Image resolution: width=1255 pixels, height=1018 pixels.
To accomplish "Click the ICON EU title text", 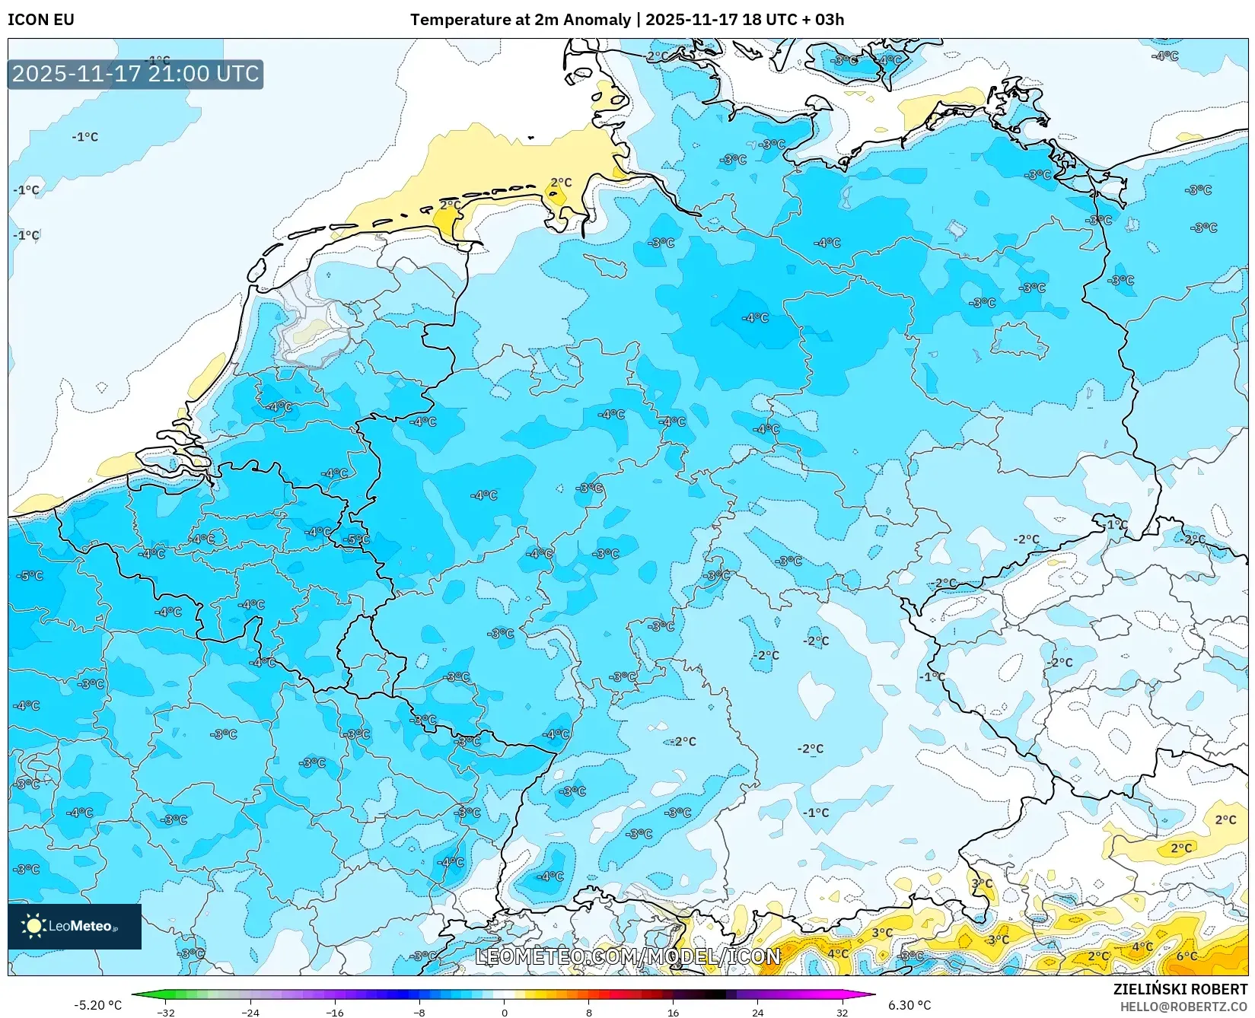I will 41,19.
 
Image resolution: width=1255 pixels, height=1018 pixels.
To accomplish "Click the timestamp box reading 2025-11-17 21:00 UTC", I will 135,74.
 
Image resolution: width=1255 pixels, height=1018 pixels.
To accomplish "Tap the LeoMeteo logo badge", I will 74,926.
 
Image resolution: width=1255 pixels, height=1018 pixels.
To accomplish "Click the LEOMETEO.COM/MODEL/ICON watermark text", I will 628,956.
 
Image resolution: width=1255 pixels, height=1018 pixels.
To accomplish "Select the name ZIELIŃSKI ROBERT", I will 1180,990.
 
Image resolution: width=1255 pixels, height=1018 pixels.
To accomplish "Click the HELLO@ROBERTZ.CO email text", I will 1183,1007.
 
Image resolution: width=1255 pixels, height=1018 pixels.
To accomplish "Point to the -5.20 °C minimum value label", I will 97,1005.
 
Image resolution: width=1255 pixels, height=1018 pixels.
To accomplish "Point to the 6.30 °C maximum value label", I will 909,1005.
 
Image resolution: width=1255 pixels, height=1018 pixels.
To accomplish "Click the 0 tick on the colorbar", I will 504,1012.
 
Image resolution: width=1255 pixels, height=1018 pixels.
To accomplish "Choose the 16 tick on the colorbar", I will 673,1012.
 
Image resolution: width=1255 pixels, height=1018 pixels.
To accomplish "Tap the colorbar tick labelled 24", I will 757,1012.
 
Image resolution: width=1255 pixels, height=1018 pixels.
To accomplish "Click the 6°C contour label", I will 1187,956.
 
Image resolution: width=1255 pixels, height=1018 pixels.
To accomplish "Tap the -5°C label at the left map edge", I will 30,576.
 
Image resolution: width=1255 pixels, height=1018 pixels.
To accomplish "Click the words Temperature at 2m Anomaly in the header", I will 521,19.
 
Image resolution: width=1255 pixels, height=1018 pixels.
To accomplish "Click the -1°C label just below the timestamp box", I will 85,137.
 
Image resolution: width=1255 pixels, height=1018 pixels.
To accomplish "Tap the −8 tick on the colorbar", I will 419,1012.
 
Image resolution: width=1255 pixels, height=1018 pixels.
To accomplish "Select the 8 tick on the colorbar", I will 588,1012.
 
